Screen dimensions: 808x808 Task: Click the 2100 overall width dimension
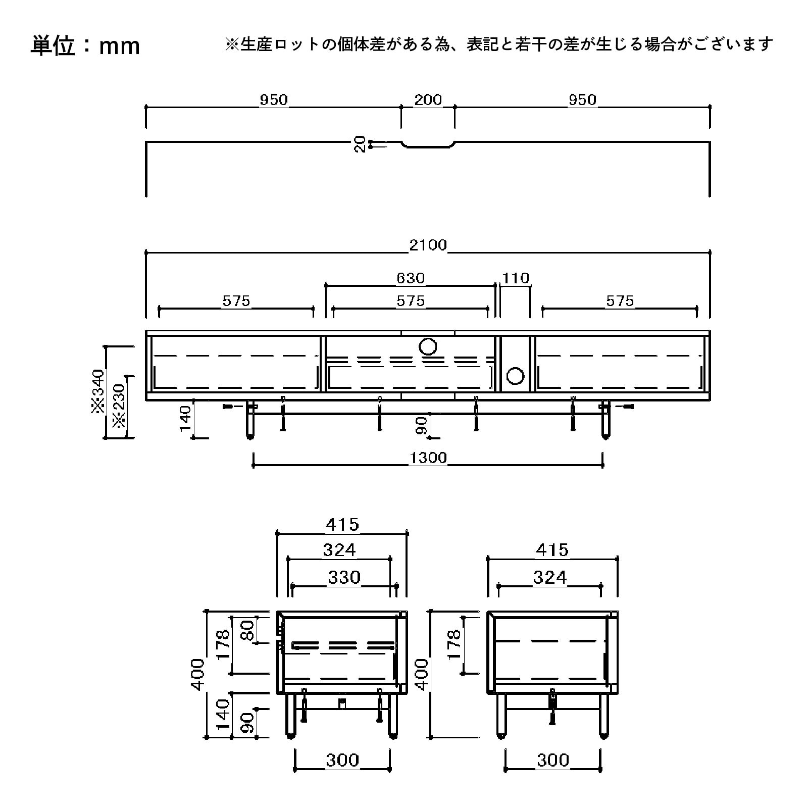(x=428, y=245)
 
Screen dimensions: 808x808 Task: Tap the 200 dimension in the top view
(x=428, y=100)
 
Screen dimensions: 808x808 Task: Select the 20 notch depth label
(x=360, y=144)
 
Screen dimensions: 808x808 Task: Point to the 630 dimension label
(x=410, y=278)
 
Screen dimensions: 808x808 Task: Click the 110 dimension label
(x=516, y=278)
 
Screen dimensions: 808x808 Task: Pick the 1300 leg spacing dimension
(x=428, y=458)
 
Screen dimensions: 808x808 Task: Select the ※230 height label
(x=119, y=407)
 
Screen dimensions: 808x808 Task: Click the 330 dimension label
(x=344, y=577)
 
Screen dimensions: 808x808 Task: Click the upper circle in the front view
(x=428, y=346)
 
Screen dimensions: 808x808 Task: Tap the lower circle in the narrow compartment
(x=516, y=376)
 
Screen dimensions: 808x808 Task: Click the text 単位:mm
(x=85, y=46)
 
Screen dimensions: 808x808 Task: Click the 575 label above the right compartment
(x=620, y=301)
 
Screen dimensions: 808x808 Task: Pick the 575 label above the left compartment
(x=236, y=301)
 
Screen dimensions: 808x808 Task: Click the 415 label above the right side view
(x=552, y=549)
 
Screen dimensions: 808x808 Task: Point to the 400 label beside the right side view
(x=422, y=674)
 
